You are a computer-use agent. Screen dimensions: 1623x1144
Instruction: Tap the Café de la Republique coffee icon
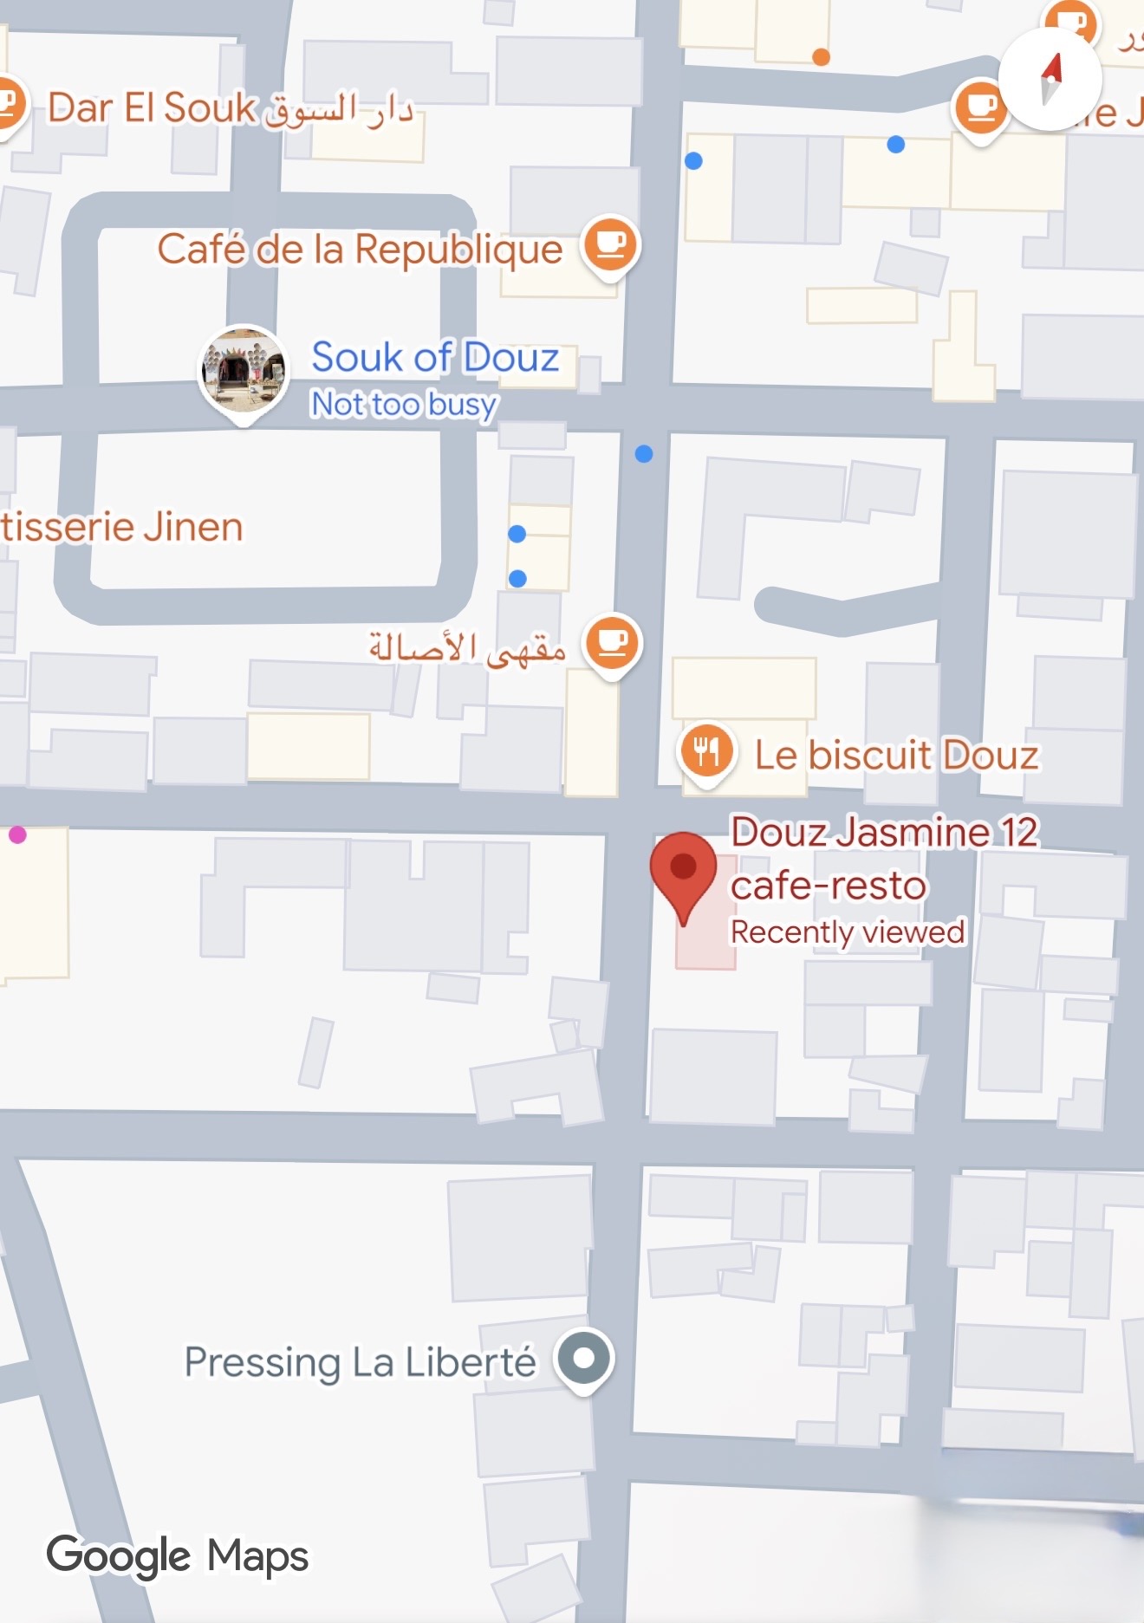(x=611, y=243)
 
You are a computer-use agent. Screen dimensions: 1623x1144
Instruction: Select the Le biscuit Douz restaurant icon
(x=706, y=751)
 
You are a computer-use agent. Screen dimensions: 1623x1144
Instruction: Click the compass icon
(x=1050, y=79)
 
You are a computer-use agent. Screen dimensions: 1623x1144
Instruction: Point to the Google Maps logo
(x=178, y=1555)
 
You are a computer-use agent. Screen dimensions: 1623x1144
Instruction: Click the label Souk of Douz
(x=435, y=357)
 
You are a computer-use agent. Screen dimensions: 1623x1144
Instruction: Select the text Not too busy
(x=404, y=404)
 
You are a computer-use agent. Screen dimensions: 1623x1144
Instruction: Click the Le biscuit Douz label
(x=896, y=755)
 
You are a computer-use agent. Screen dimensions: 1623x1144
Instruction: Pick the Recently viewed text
(x=847, y=932)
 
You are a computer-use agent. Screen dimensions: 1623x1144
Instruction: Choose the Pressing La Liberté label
(x=360, y=1361)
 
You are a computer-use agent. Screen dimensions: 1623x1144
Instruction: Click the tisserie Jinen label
(x=121, y=527)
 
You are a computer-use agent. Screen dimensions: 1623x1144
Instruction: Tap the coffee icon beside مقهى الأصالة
(x=613, y=643)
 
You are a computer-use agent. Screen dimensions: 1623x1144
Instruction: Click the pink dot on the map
(x=17, y=834)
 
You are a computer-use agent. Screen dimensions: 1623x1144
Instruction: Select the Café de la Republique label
(x=360, y=250)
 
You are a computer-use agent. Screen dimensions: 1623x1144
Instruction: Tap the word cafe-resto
(x=828, y=886)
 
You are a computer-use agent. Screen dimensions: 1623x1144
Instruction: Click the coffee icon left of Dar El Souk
(x=9, y=105)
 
